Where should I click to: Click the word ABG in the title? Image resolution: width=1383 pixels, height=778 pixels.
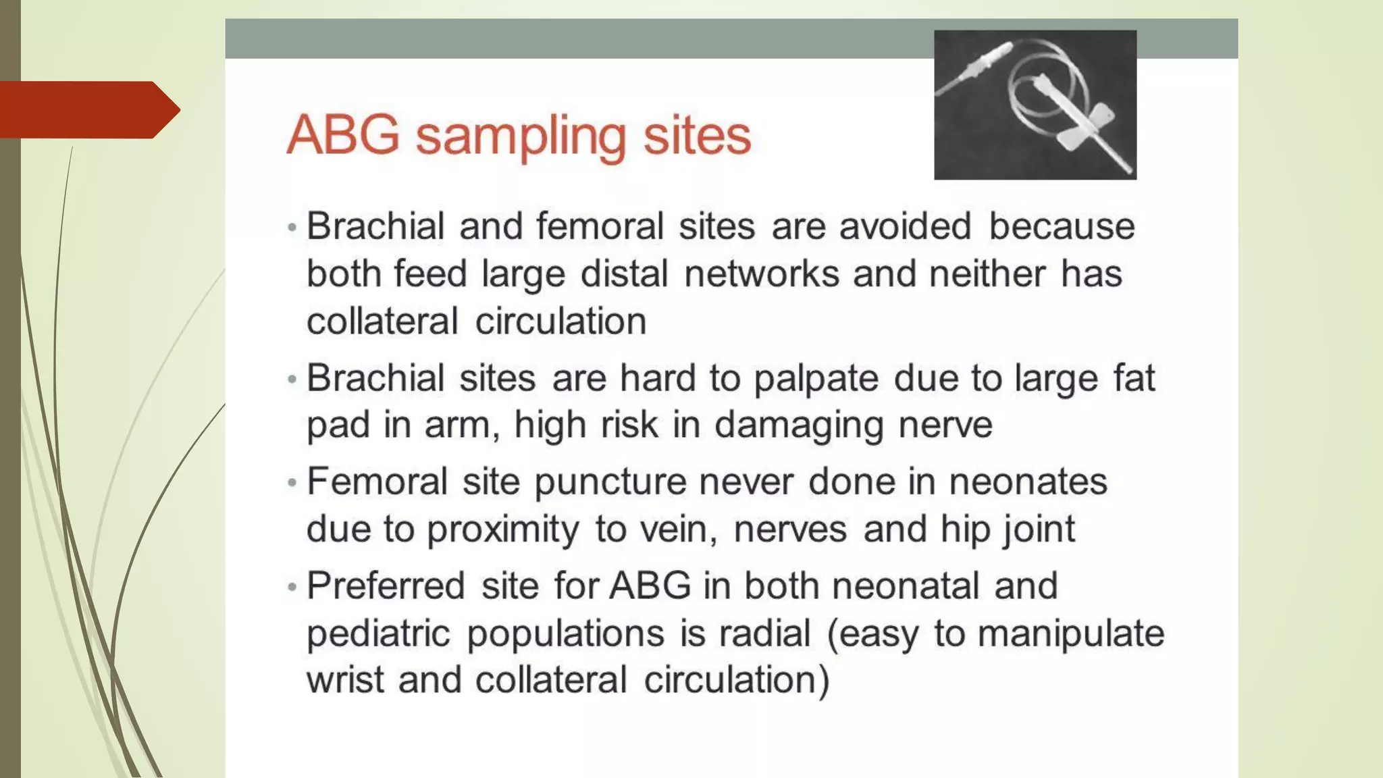pos(343,136)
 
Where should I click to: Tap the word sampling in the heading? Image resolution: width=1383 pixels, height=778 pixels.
pos(521,137)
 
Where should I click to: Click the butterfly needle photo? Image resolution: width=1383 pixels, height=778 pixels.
pos(1035,105)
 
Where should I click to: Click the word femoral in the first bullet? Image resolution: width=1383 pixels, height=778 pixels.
pos(600,226)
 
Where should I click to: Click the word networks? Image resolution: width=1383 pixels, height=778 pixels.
pos(761,274)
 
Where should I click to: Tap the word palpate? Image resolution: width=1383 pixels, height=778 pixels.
pos(816,379)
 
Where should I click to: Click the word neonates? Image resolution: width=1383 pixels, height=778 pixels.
pos(1028,482)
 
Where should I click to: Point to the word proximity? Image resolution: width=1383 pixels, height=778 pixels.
pos(502,529)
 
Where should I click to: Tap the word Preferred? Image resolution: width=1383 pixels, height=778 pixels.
pos(386,586)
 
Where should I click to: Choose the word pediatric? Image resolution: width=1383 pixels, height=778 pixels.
pos(378,634)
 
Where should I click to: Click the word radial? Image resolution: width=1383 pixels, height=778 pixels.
pos(764,634)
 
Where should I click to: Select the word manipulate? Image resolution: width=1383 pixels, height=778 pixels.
pos(1071,634)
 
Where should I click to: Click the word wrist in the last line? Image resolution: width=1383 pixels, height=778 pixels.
pos(345,680)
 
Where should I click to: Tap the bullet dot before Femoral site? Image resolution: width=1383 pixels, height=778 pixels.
pos(292,483)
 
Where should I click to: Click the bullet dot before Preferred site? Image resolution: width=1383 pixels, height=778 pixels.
pos(292,587)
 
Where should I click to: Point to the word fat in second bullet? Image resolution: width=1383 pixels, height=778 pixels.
pos(1134,378)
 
